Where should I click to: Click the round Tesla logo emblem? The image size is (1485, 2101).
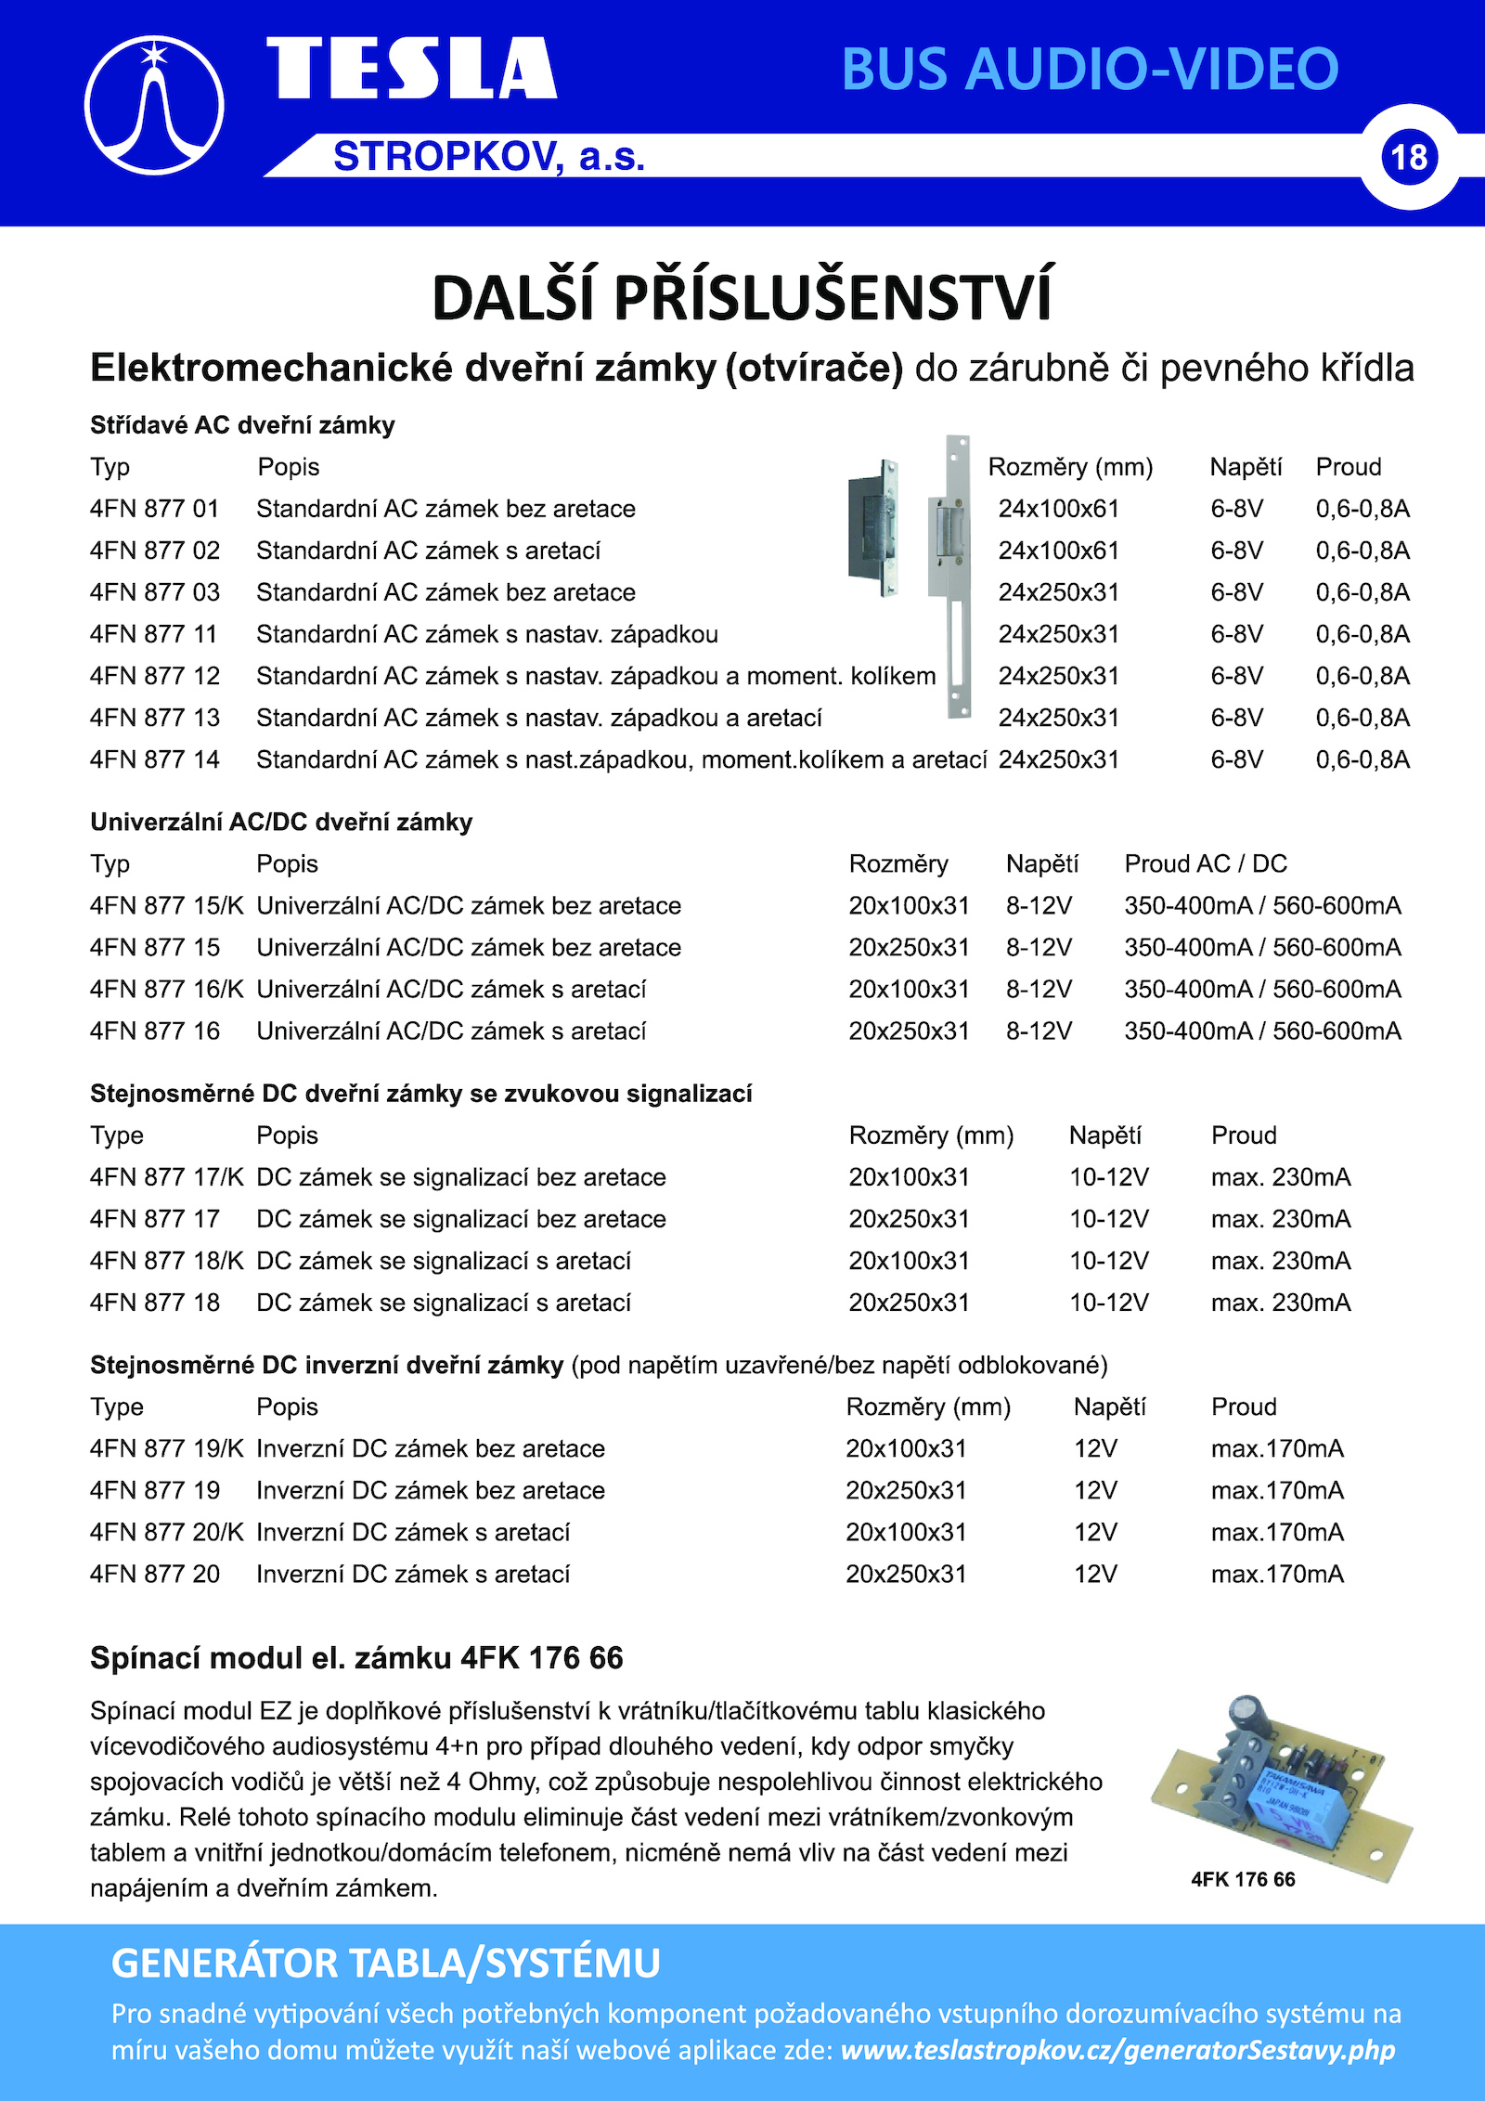(x=154, y=106)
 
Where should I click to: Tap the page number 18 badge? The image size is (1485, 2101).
(x=1409, y=157)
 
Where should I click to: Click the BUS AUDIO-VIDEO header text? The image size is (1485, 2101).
(x=1090, y=69)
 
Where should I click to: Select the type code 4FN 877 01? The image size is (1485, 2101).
(x=154, y=509)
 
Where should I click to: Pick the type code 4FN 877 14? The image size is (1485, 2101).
(x=154, y=759)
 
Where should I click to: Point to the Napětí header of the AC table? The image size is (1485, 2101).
(x=1246, y=467)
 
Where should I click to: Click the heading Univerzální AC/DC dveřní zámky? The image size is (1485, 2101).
(x=281, y=822)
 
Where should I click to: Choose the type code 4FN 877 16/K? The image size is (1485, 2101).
(x=166, y=989)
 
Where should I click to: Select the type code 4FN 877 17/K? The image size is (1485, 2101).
(x=166, y=1177)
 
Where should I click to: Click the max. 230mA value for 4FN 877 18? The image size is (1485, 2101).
(x=1281, y=1303)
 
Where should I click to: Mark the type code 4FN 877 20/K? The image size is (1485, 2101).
(x=166, y=1532)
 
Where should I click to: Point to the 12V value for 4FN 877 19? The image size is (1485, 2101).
(x=1095, y=1490)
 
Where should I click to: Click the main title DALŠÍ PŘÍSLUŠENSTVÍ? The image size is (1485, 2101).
(x=742, y=298)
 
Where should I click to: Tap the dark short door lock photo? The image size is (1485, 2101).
(x=872, y=527)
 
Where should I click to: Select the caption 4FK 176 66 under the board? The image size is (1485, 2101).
(x=1243, y=1879)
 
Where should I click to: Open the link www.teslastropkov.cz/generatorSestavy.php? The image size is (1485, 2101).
(x=1117, y=2050)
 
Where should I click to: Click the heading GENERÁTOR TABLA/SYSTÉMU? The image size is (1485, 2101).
(x=385, y=1964)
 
